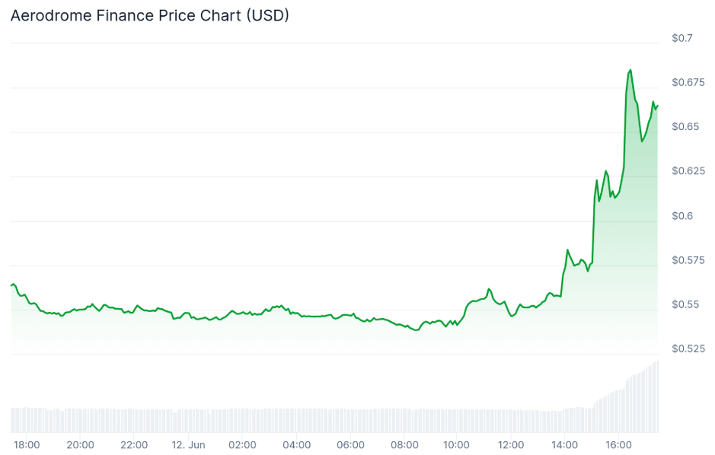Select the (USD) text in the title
pyautogui.click(x=266, y=15)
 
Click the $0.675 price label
pyautogui.click(x=687, y=82)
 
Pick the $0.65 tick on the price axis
pyautogui.click(x=685, y=126)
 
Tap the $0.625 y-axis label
pyautogui.click(x=687, y=171)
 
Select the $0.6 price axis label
pyautogui.click(x=681, y=215)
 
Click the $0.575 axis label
pyautogui.click(x=687, y=260)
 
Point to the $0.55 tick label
pyautogui.click(x=685, y=304)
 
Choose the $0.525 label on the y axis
pyautogui.click(x=687, y=348)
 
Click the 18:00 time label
pyautogui.click(x=27, y=444)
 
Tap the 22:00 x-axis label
pyautogui.click(x=134, y=444)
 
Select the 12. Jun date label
pyautogui.click(x=188, y=444)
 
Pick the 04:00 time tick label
pyautogui.click(x=296, y=444)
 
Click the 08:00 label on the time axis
pyautogui.click(x=404, y=444)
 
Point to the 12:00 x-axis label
pyautogui.click(x=512, y=444)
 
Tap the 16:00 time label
pyautogui.click(x=619, y=444)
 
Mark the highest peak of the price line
pyautogui.click(x=630, y=70)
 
